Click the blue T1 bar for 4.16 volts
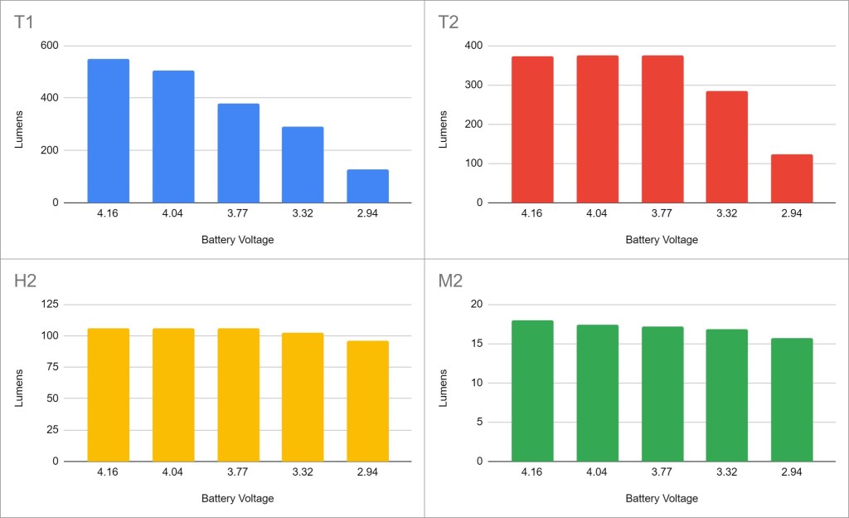(x=108, y=131)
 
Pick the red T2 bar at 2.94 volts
(x=792, y=178)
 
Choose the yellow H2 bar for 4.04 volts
(x=173, y=395)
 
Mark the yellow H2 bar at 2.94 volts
(x=367, y=401)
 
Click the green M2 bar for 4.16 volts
(x=532, y=391)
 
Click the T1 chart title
(x=25, y=22)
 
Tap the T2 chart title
(x=449, y=22)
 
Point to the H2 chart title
(x=26, y=281)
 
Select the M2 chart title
(x=450, y=281)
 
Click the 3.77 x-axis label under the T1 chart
(x=238, y=214)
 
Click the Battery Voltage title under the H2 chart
(x=237, y=499)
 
